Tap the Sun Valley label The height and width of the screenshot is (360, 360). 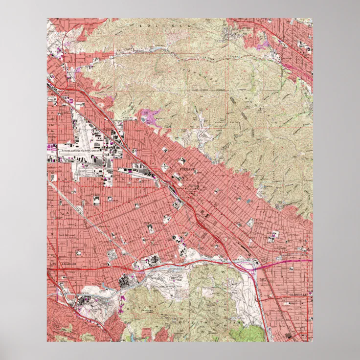pos(67,91)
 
